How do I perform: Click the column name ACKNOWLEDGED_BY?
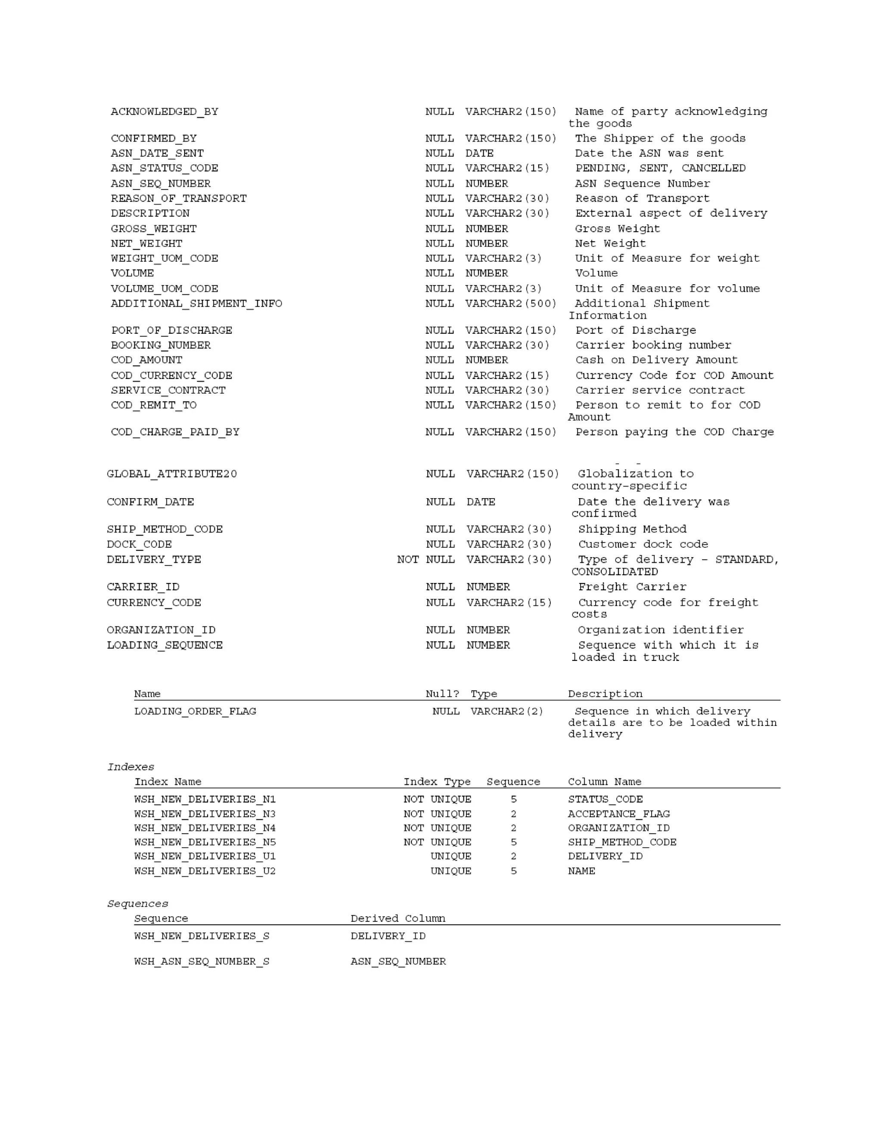pos(165,112)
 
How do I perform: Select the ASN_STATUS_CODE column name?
pos(165,168)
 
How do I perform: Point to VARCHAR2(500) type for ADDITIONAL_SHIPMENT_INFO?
pos(510,304)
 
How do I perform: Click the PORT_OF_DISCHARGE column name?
pos(171,331)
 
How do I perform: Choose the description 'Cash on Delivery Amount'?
pos(656,360)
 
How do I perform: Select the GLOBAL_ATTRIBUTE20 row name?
pos(172,474)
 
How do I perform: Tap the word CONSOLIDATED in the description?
pos(615,571)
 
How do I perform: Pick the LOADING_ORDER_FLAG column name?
pos(195,711)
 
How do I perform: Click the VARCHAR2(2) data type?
pos(506,711)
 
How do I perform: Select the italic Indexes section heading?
pos(130,767)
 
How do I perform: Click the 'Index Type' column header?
pos(437,781)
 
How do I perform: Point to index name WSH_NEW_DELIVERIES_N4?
pos(205,828)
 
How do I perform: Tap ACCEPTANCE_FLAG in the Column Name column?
pos(619,814)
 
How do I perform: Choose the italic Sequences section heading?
pos(137,904)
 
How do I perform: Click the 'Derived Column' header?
pos(398,918)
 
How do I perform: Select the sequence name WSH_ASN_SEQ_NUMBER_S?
pos(202,961)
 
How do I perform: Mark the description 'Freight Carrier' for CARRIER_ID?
pos(632,587)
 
